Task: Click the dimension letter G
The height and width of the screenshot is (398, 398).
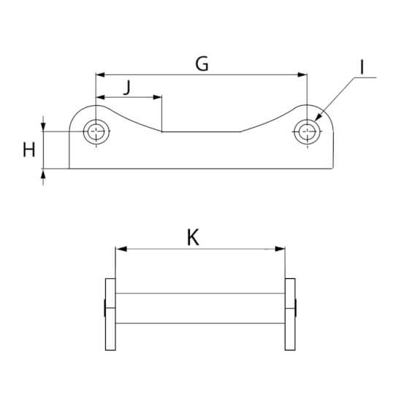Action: (202, 64)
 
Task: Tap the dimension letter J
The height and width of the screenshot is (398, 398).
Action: (127, 88)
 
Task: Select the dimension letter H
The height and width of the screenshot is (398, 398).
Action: (29, 150)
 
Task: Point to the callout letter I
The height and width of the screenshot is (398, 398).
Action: (362, 67)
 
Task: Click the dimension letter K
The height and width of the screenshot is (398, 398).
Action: (194, 237)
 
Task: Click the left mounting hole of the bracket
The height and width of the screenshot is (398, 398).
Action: (96, 131)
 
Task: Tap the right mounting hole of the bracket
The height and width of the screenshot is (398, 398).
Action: (307, 131)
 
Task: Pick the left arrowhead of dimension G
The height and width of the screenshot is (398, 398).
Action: (100, 75)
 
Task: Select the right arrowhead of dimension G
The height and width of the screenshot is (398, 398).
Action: (302, 75)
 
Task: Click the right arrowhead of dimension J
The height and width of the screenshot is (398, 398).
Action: (157, 97)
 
